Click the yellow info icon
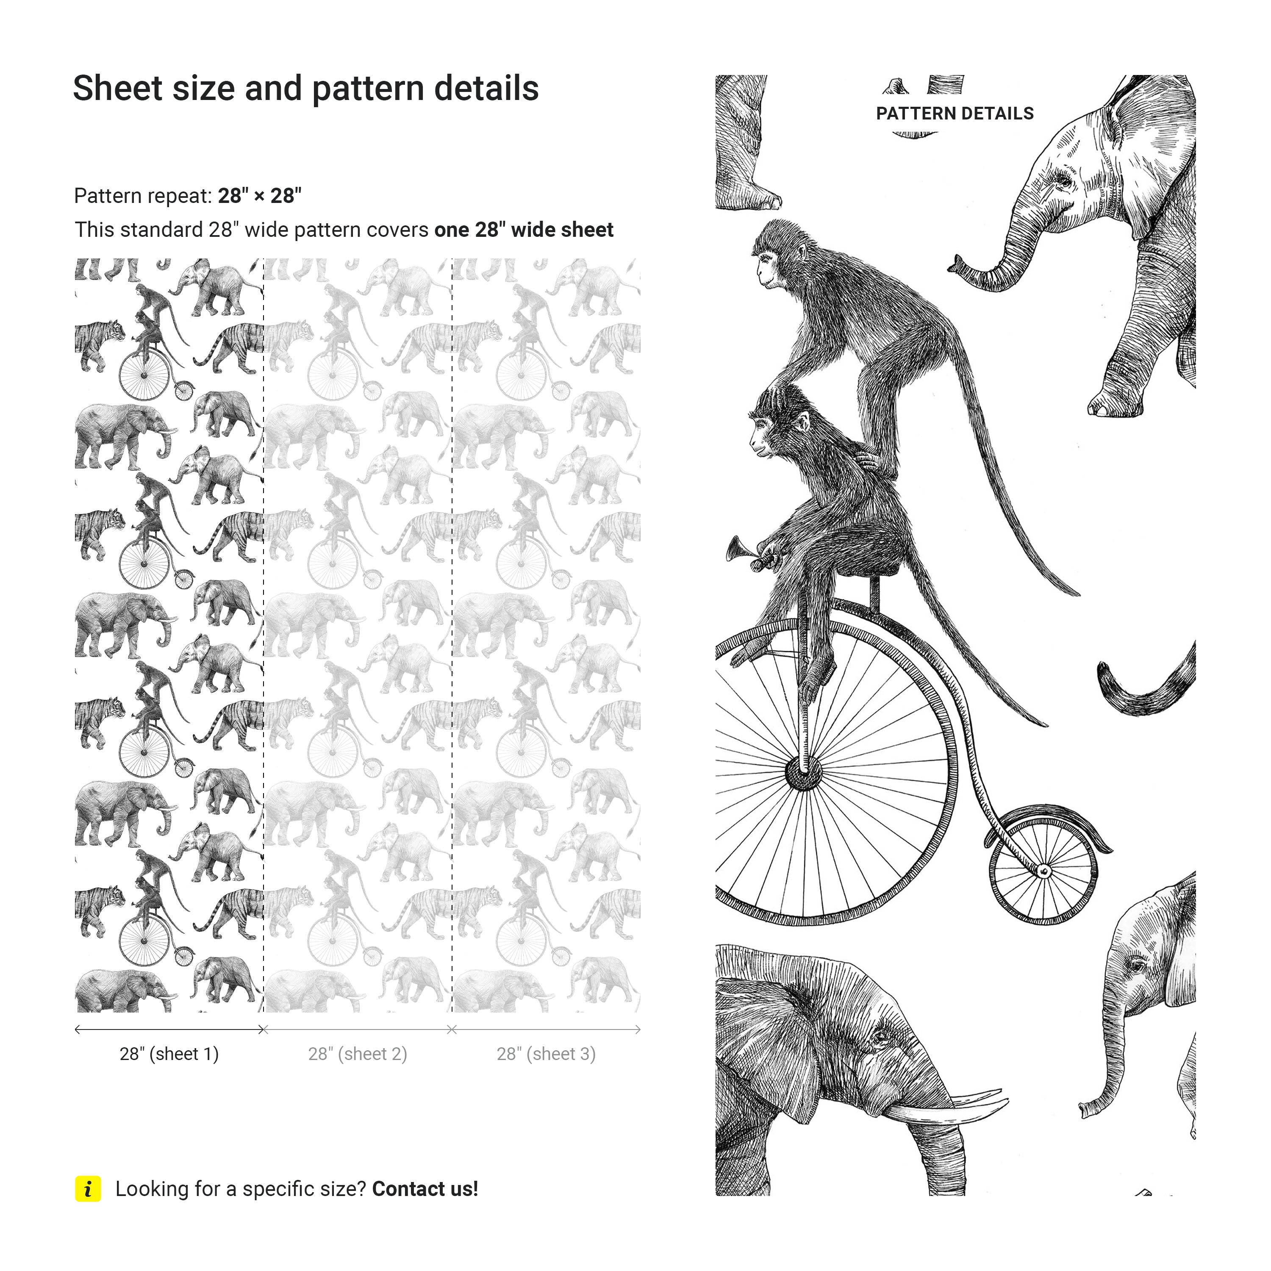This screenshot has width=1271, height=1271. pyautogui.click(x=88, y=1189)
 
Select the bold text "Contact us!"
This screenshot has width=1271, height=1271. pyautogui.click(x=425, y=1189)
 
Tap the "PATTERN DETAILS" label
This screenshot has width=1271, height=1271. pyautogui.click(x=955, y=114)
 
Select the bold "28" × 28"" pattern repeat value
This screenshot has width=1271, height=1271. pyautogui.click(x=260, y=195)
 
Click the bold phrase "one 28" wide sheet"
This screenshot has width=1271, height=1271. pyautogui.click(x=524, y=230)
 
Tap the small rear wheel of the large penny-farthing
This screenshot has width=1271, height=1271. pyautogui.click(x=1044, y=870)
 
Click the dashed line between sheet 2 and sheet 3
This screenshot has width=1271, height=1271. pyautogui.click(x=452, y=635)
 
